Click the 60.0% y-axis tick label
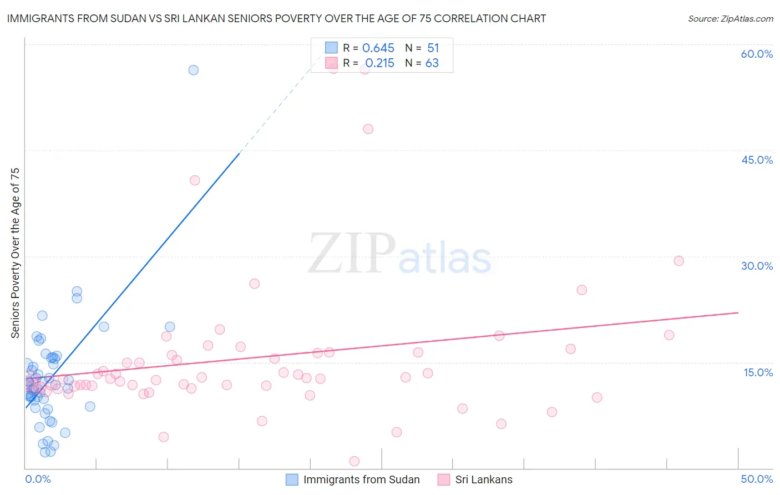click(x=757, y=54)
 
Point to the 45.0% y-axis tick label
click(x=757, y=160)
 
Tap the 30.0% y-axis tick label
click(x=757, y=266)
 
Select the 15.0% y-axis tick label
click(x=758, y=372)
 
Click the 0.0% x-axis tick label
click(x=38, y=479)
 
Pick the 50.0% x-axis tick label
click(x=757, y=479)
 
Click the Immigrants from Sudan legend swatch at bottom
click(x=292, y=479)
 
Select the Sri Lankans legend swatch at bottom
click(x=443, y=479)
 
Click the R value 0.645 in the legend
click(x=378, y=48)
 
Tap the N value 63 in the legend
click(x=432, y=63)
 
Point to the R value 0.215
click(x=379, y=63)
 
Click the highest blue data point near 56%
click(x=193, y=70)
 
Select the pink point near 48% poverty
click(x=368, y=129)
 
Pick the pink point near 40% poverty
click(x=195, y=180)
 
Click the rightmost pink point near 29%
click(x=678, y=261)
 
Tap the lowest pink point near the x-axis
click(x=354, y=461)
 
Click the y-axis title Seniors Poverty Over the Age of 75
click(x=15, y=253)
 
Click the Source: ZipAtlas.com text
click(x=730, y=19)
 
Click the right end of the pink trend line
click(x=738, y=313)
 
